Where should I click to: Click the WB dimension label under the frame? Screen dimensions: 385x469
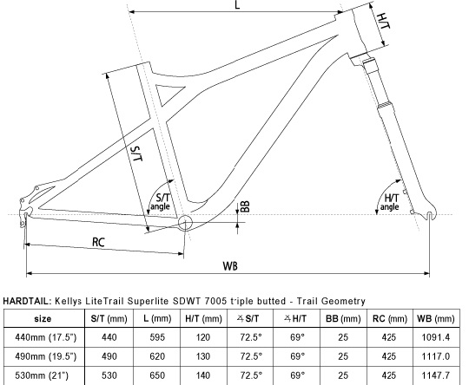(230, 264)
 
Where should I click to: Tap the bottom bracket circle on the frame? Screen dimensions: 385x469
(185, 225)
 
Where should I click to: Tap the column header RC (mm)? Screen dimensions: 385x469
(391, 318)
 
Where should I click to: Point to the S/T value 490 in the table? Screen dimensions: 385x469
(109, 356)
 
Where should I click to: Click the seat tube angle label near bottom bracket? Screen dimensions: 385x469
(161, 202)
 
